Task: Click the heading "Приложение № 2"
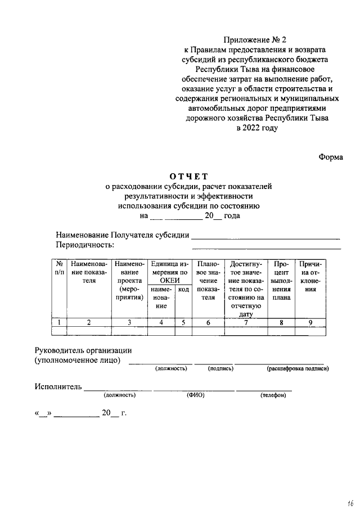click(255, 40)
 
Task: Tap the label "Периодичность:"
click(85, 245)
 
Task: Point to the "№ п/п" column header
click(59, 268)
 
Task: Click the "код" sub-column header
click(183, 289)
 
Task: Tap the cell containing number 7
click(246, 322)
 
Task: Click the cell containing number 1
click(59, 322)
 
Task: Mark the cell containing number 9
click(310, 322)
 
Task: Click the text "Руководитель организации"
click(83, 351)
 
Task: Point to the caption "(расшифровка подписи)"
click(298, 369)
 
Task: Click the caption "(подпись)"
click(220, 369)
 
